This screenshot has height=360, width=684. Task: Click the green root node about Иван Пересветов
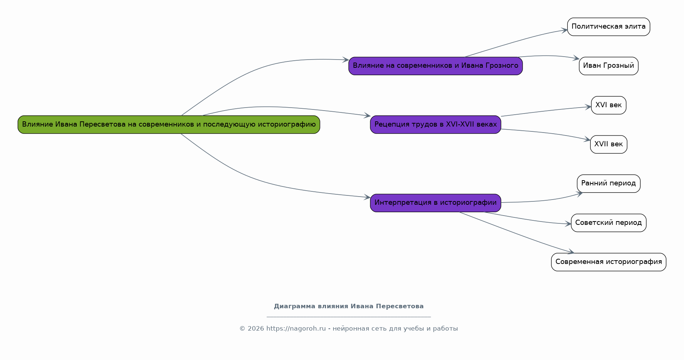point(169,124)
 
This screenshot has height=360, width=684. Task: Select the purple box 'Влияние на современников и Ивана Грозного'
point(436,66)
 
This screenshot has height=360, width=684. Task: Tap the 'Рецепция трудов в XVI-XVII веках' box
point(436,124)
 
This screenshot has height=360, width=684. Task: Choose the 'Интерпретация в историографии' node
point(436,203)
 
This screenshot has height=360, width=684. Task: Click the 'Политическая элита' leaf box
point(609,27)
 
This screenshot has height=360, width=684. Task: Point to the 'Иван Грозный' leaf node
point(609,66)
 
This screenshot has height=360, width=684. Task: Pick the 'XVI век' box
point(609,105)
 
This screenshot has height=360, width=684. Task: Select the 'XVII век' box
point(609,144)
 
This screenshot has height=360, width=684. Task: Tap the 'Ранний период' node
point(609,184)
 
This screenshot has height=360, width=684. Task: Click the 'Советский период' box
point(609,223)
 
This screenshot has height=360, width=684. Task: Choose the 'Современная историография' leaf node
point(609,262)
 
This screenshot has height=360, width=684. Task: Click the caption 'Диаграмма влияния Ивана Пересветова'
point(349,306)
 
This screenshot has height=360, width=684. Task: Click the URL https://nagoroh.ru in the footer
point(296,329)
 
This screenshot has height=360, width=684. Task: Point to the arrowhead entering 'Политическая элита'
point(564,30)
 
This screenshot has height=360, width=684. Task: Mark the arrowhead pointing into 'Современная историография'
point(571,252)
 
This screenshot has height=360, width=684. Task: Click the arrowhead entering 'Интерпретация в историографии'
point(367,197)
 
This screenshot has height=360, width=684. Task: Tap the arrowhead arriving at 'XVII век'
point(587,140)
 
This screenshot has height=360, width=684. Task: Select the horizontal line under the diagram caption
point(349,317)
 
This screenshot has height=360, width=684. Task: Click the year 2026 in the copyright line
point(256,329)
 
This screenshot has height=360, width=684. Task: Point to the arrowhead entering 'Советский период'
point(568,224)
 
